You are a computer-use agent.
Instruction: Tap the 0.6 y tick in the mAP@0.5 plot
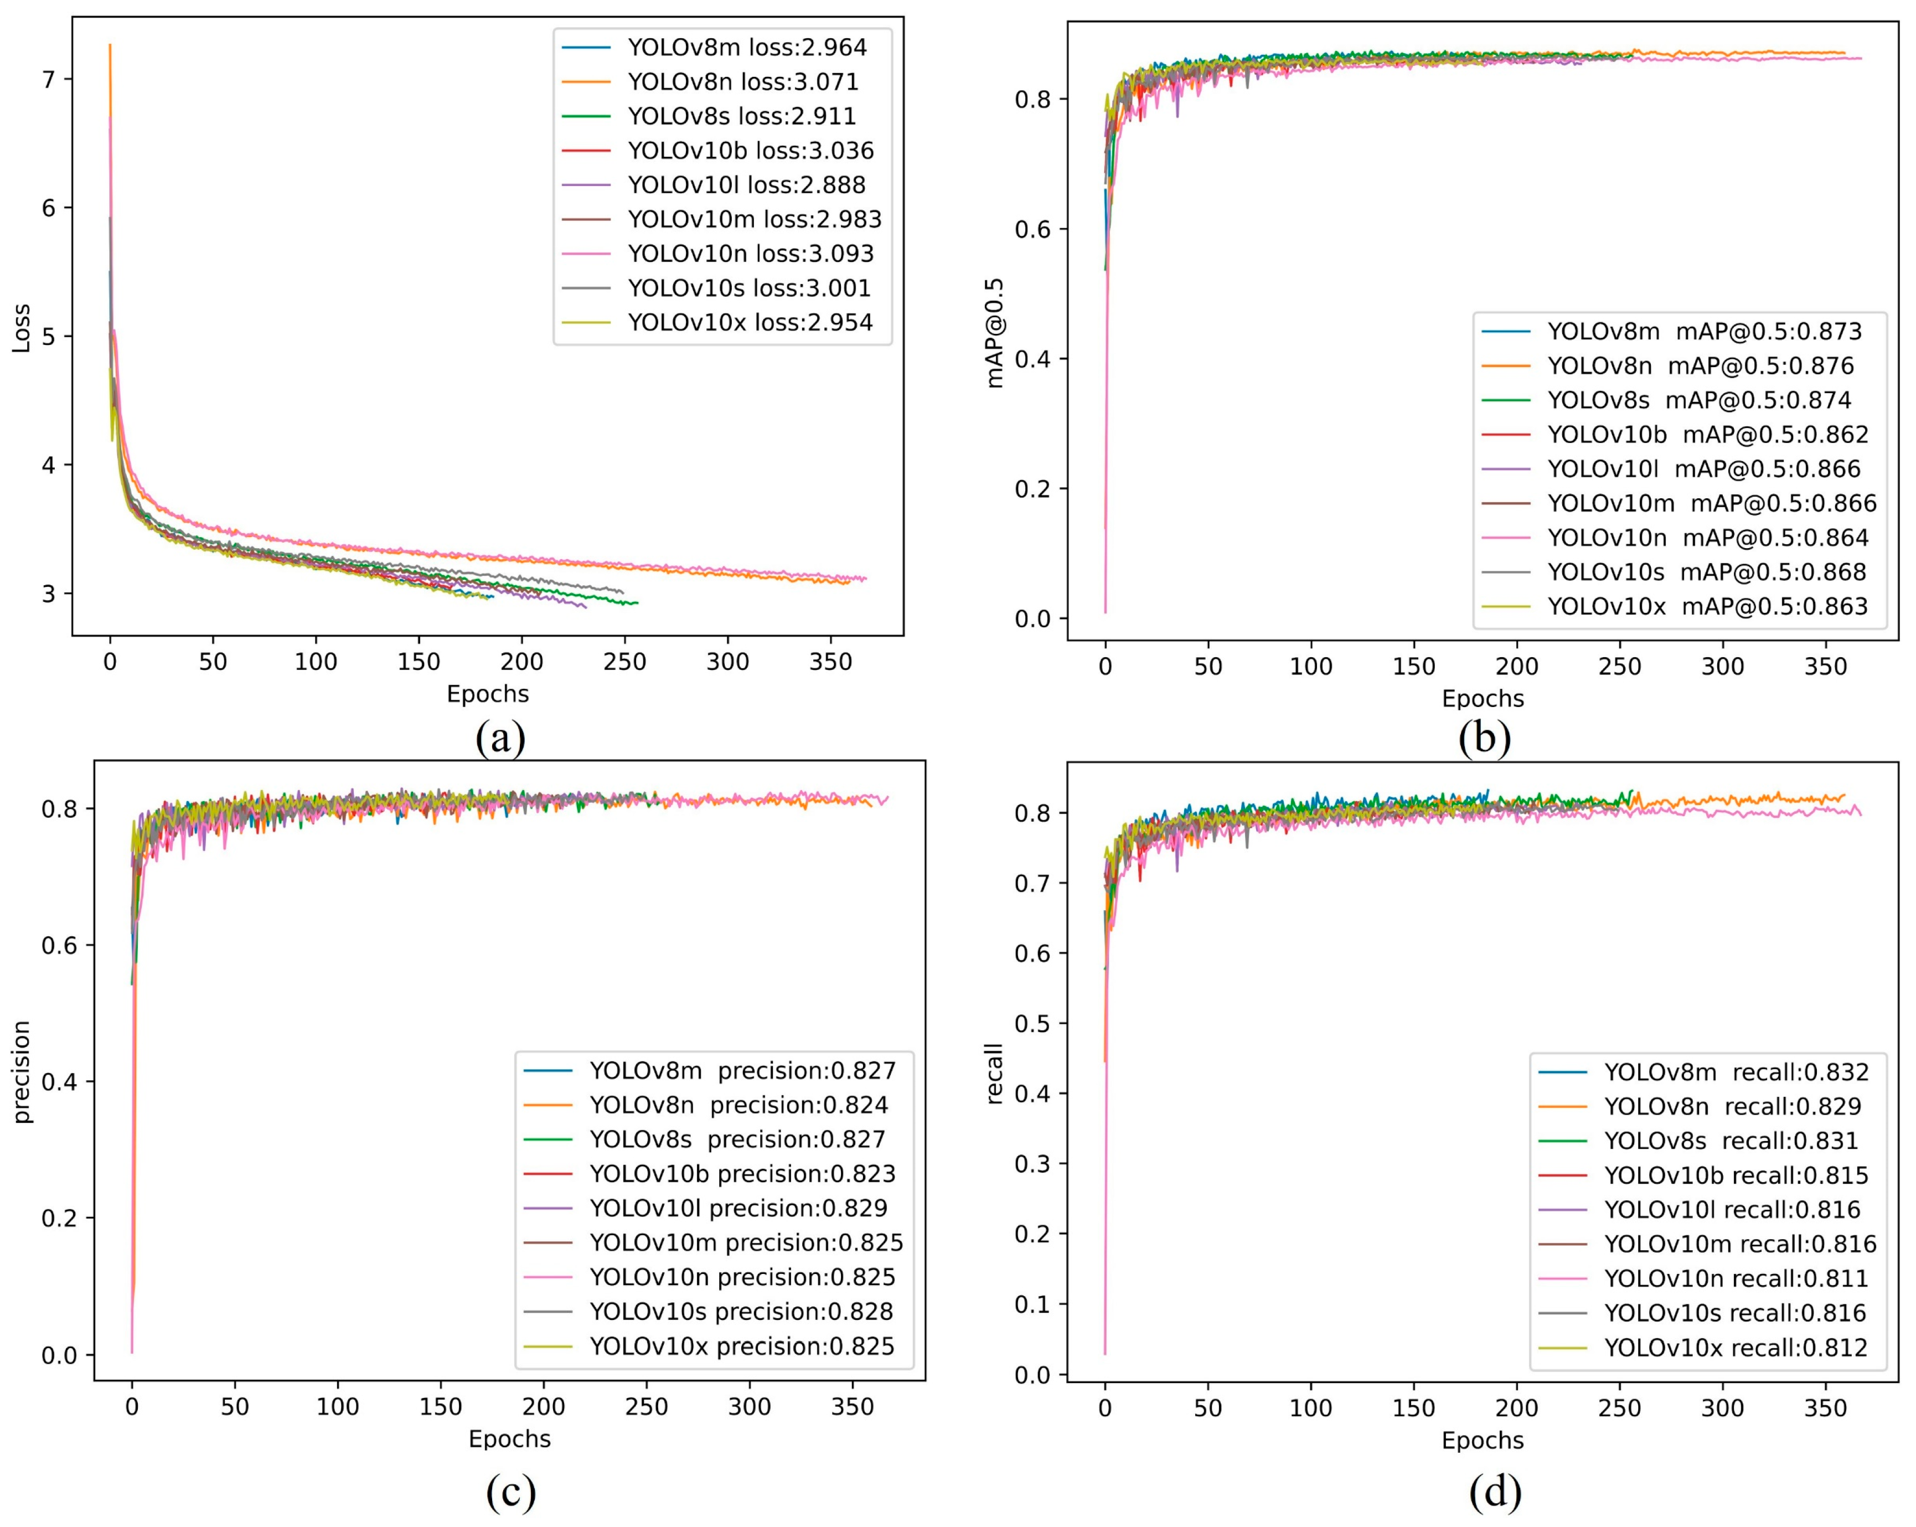click(x=1032, y=229)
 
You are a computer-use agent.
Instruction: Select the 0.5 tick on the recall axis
click(x=1032, y=1023)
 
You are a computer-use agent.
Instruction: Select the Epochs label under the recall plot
click(x=1483, y=1440)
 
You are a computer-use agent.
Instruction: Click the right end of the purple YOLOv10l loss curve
click(x=586, y=606)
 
